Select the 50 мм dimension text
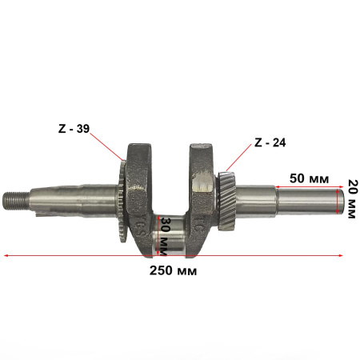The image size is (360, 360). click(307, 178)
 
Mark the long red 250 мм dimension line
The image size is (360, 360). click(80, 257)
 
